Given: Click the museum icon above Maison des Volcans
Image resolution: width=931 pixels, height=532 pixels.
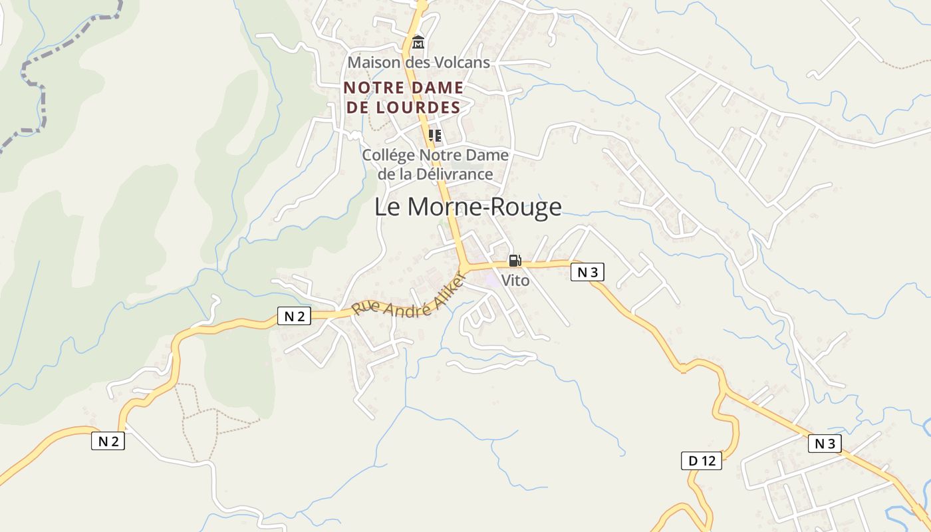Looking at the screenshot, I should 418,43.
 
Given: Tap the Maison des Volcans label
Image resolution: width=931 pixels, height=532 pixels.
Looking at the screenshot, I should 418,63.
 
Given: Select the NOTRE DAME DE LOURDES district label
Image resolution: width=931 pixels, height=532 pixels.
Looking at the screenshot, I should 403,97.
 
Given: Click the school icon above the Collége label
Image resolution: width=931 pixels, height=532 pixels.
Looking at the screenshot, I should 435,136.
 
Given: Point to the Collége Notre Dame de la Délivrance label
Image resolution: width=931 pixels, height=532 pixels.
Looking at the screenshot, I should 435,164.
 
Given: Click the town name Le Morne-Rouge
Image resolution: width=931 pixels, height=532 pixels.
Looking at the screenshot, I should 467,207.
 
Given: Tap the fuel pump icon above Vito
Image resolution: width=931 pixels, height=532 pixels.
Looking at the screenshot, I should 515,261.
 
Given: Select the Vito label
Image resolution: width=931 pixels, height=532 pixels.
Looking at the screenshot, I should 515,281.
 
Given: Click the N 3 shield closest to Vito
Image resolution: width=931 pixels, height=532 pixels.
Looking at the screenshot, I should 587,272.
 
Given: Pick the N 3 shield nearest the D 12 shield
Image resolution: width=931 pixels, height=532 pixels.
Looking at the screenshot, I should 825,444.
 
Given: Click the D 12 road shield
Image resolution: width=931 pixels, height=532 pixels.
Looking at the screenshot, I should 702,460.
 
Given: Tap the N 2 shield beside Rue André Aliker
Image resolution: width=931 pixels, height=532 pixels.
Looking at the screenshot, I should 294,317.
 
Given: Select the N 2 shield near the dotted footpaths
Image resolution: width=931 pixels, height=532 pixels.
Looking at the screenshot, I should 108,440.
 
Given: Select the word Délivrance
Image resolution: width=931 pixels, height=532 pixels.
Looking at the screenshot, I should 455,174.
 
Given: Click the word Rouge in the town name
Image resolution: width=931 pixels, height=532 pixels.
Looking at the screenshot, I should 526,207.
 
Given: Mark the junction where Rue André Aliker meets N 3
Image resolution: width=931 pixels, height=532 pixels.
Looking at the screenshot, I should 465,267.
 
